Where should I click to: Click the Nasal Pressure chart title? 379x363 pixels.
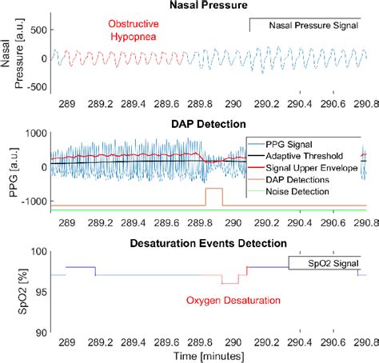tap(210, 6)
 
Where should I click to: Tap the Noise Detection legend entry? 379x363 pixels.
tap(310, 194)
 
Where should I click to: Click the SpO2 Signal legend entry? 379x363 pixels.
tap(324, 262)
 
